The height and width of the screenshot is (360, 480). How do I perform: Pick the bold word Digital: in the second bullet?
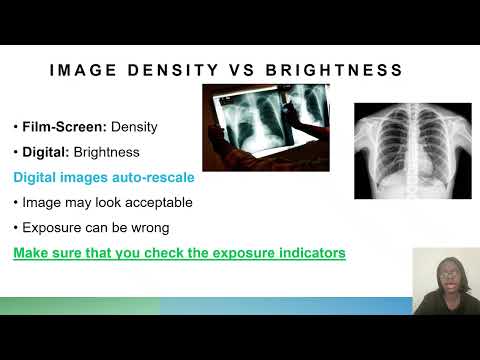pos(48,153)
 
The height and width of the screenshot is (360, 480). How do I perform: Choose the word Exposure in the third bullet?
pos(51,228)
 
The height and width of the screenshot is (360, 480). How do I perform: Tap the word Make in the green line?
pos(31,253)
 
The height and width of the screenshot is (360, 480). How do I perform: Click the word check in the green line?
pos(173,253)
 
